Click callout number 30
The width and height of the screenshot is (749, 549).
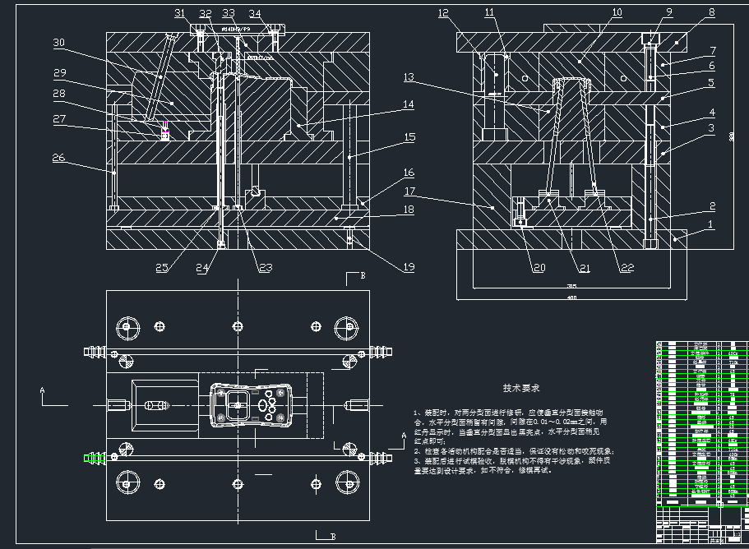(58, 42)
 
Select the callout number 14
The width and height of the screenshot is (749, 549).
(409, 104)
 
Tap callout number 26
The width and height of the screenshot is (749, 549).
(58, 158)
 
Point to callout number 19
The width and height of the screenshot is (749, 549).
(408, 266)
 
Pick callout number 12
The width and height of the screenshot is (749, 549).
(444, 13)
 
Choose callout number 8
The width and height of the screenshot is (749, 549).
(711, 13)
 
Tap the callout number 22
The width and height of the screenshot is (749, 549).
(627, 267)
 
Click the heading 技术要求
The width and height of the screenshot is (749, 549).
(522, 386)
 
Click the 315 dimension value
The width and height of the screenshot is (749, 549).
(571, 286)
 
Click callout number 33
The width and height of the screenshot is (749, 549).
(229, 13)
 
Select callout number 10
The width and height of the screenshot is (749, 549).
(617, 13)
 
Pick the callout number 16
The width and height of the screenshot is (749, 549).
(409, 173)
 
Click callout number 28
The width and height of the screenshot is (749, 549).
(58, 93)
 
